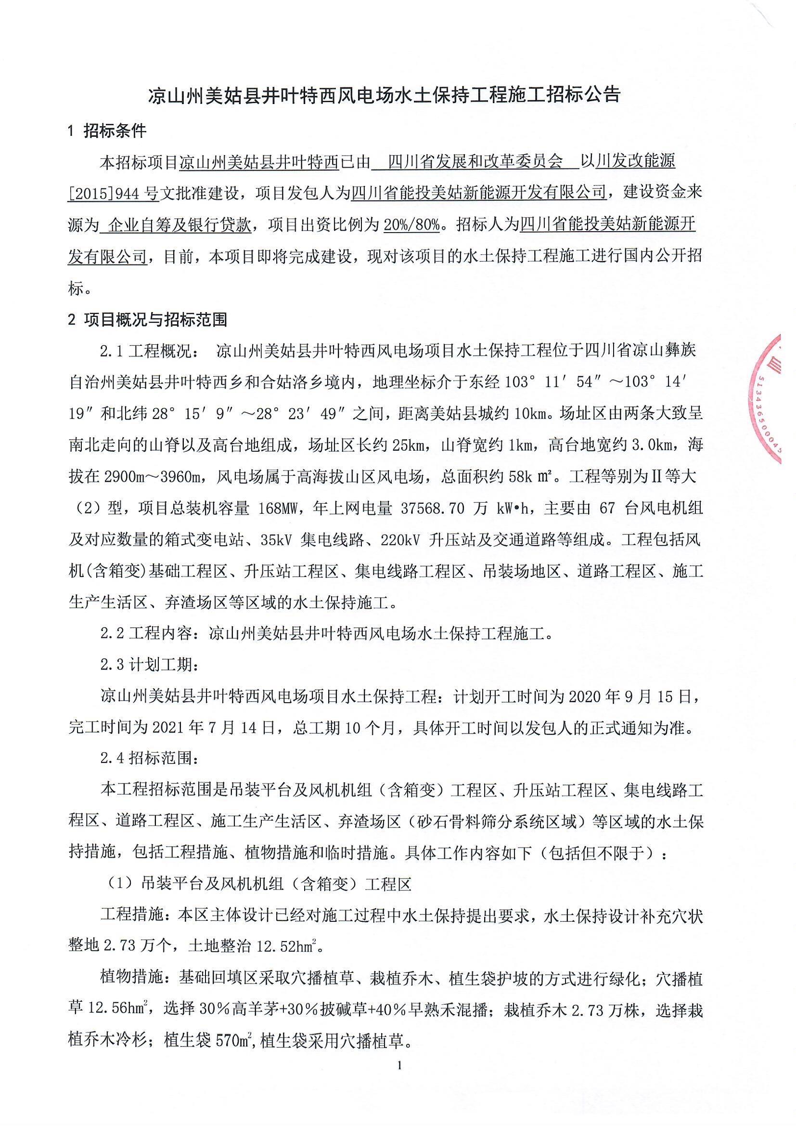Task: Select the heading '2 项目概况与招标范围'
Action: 148,320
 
